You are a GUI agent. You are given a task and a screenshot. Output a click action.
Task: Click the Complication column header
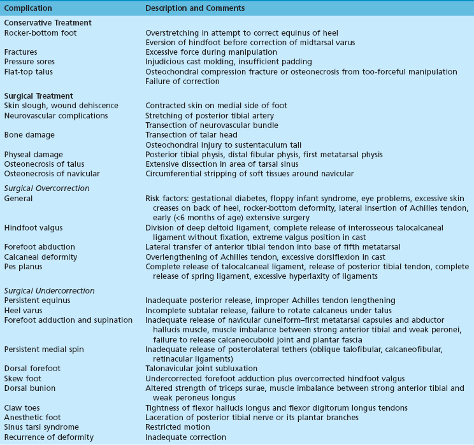point(29,8)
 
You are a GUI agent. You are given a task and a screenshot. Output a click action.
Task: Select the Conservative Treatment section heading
point(48,23)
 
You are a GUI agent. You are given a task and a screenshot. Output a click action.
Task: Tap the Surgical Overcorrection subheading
point(47,188)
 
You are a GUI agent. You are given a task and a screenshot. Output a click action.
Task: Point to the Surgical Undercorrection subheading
point(48,290)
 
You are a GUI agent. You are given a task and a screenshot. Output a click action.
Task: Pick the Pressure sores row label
point(29,62)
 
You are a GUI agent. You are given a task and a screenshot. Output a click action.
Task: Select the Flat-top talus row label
point(29,71)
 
